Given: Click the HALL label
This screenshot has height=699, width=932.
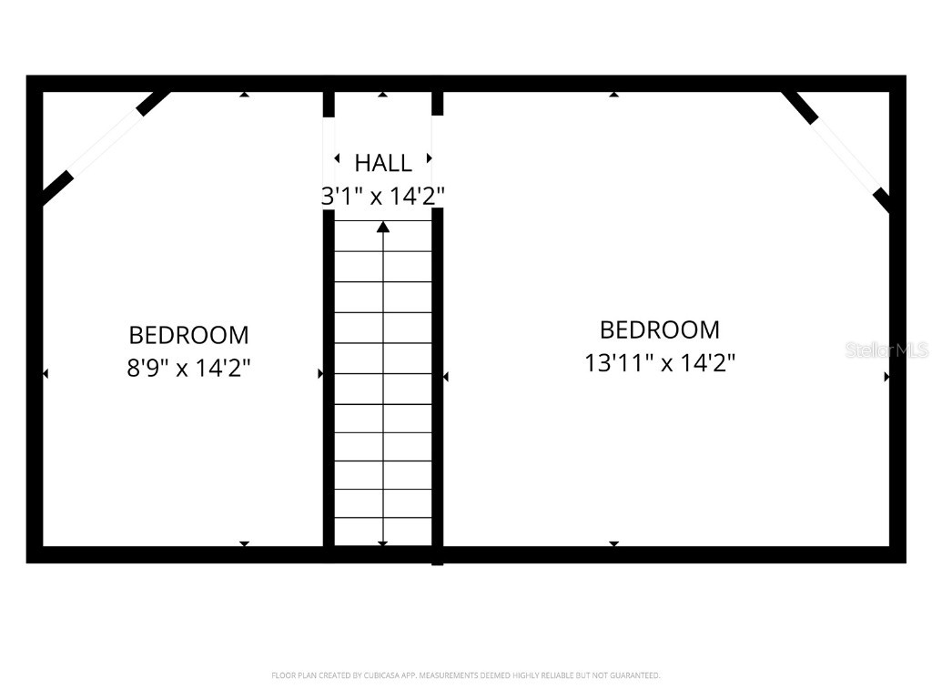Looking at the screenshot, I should pyautogui.click(x=382, y=163).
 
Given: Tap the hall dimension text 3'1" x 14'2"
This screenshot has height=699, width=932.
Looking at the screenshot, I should pyautogui.click(x=382, y=195).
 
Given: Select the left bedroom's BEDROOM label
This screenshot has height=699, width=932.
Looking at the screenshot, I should pyautogui.click(x=188, y=335).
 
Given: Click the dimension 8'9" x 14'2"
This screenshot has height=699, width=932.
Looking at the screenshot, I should pyautogui.click(x=188, y=370).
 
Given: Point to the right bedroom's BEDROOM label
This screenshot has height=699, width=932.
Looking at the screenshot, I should pyautogui.click(x=659, y=329).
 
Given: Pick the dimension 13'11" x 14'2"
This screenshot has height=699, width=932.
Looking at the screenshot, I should pyautogui.click(x=659, y=363).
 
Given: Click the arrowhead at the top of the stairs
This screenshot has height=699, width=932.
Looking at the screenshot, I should pyautogui.click(x=383, y=227).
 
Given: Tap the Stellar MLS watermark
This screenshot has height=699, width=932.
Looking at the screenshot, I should pyautogui.click(x=886, y=349).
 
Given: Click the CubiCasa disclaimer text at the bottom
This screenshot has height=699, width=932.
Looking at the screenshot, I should pyautogui.click(x=465, y=675).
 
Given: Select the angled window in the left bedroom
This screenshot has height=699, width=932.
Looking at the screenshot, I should pyautogui.click(x=105, y=143).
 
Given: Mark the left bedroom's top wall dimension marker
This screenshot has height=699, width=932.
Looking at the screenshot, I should pyautogui.click(x=244, y=94).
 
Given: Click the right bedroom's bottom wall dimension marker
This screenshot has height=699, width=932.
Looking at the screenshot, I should pyautogui.click(x=613, y=543).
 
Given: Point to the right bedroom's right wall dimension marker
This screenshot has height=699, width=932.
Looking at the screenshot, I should pyautogui.click(x=886, y=375).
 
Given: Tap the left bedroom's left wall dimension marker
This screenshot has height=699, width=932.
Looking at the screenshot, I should pyautogui.click(x=46, y=373).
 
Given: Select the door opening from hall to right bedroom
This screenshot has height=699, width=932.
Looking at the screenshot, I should pyautogui.click(x=437, y=162).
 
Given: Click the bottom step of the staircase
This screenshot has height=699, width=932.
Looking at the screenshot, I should pyautogui.click(x=383, y=532).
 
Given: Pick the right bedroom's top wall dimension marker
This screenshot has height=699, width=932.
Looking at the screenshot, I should pyautogui.click(x=614, y=94).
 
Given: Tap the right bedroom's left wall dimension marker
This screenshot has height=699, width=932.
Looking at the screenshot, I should pyautogui.click(x=446, y=375).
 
